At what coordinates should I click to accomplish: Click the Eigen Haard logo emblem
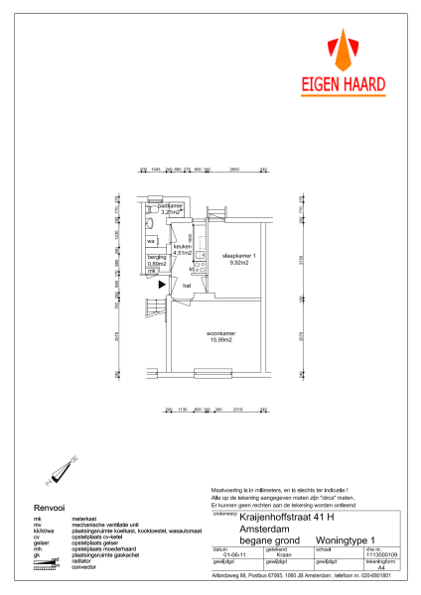342,51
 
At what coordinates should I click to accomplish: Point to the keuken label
182,249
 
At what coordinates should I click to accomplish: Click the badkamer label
171,208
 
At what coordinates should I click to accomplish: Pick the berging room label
157,261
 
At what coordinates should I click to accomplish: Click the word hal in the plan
186,285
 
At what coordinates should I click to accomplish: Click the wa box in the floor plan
152,241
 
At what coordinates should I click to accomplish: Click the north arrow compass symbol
66,469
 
